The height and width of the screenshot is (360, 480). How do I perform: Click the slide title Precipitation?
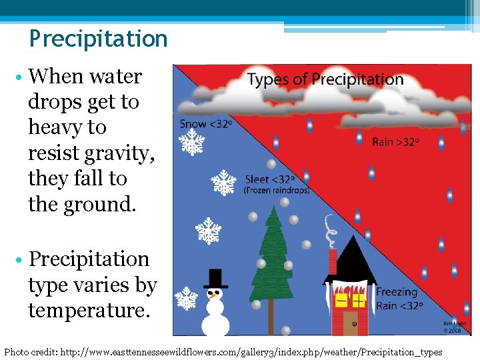coord(98,39)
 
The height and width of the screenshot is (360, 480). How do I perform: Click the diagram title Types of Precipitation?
coord(325,80)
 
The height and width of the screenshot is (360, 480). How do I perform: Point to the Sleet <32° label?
coord(269,179)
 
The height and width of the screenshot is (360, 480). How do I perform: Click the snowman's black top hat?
coord(215,278)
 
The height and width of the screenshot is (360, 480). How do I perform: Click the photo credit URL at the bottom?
coord(251,351)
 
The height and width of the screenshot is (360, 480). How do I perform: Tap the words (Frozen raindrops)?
coord(276,190)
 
